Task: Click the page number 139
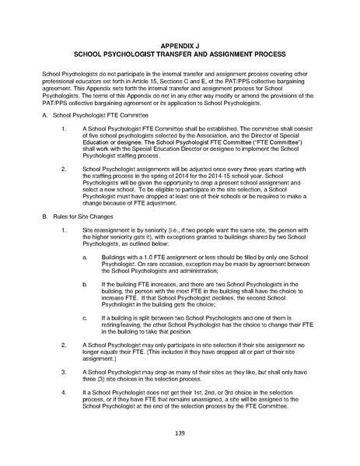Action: pos(179,432)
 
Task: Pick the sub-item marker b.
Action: pos(83,265)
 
